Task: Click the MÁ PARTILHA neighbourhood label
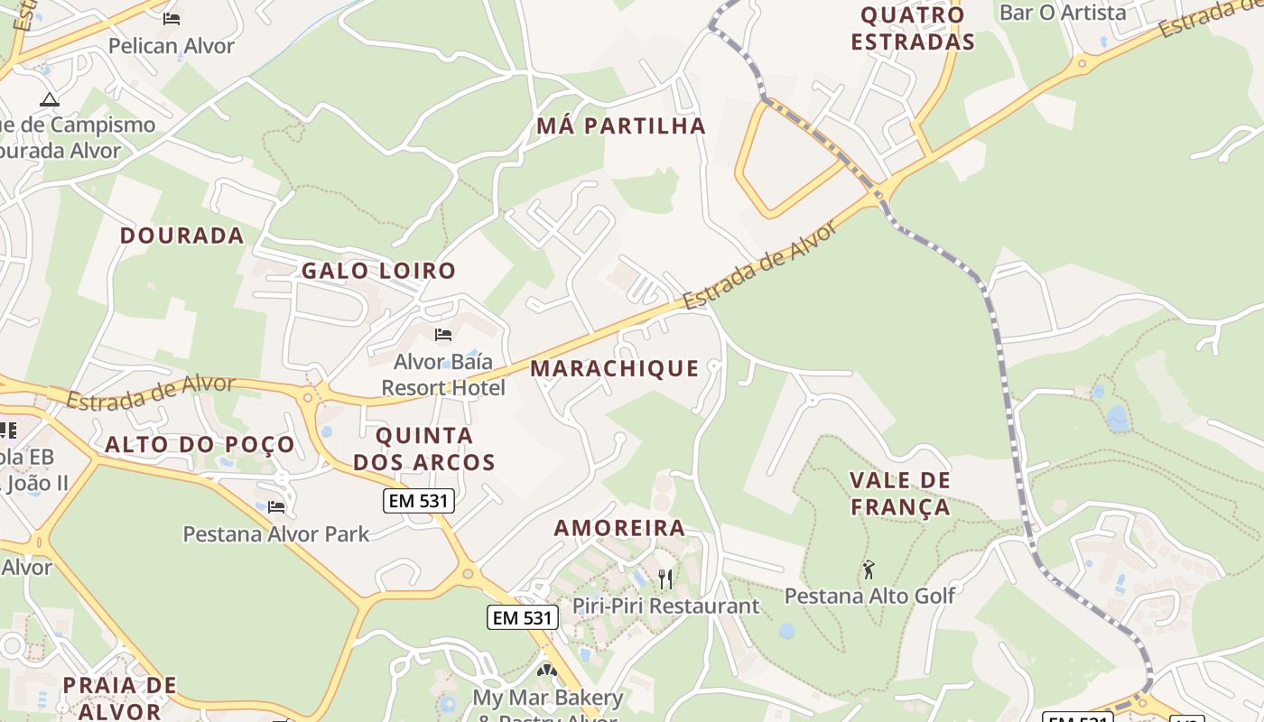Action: tap(621, 125)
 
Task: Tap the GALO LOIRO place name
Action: tap(378, 270)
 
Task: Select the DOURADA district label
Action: tap(182, 236)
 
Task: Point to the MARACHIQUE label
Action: tap(615, 368)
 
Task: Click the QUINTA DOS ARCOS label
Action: tap(424, 449)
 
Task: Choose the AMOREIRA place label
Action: tap(619, 528)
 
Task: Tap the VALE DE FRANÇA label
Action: tap(900, 493)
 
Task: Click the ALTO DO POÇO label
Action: tap(200, 444)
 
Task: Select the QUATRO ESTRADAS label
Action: tap(913, 28)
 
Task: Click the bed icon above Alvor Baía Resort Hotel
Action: tap(443, 335)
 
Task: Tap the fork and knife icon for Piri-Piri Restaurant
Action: tap(665, 579)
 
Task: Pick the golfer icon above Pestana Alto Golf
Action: tap(869, 569)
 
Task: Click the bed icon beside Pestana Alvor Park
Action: tap(276, 506)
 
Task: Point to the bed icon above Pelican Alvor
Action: tap(172, 18)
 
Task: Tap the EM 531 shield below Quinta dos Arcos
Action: tap(419, 502)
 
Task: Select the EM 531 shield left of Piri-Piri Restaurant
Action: tap(523, 617)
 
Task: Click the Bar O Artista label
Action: tap(1063, 13)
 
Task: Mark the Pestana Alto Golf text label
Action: tap(869, 596)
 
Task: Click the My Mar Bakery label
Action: tap(548, 698)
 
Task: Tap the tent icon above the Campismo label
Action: tap(49, 98)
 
